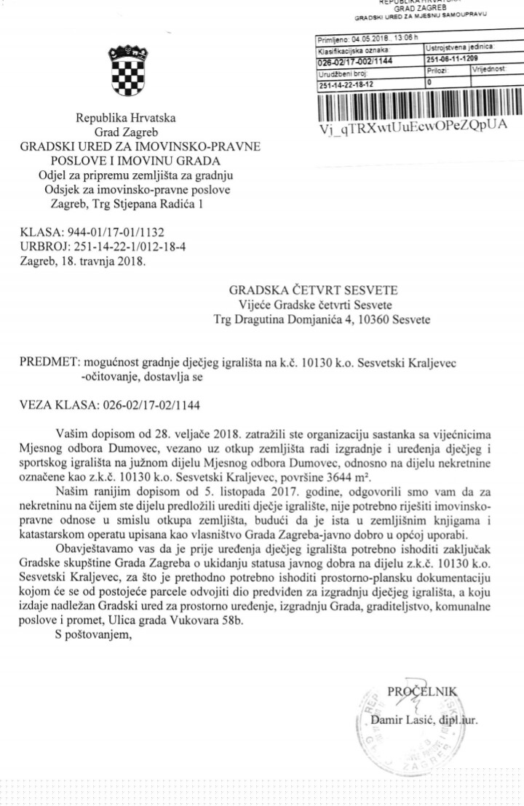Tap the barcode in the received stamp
[x=419, y=106]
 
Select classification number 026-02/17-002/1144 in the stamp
[x=355, y=61]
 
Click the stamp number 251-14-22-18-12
[x=346, y=85]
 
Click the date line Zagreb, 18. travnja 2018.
[x=83, y=260]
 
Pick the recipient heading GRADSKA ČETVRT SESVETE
[x=314, y=292]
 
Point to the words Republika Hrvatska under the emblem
[x=127, y=119]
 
